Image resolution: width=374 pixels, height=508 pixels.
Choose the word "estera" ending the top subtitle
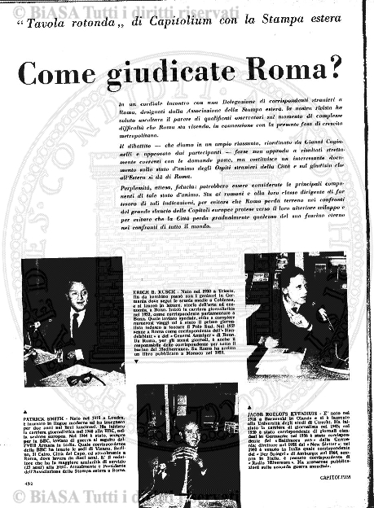point(335,32)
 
